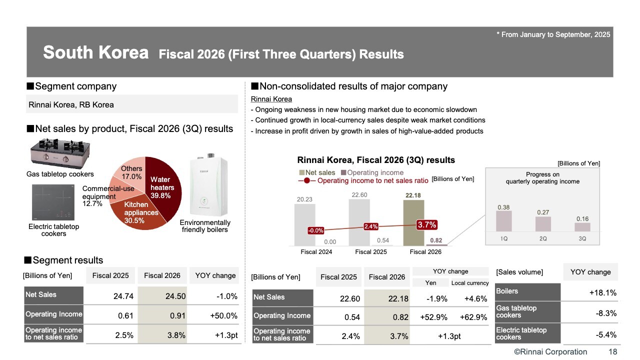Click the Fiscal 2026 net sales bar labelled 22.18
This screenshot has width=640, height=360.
coord(413,222)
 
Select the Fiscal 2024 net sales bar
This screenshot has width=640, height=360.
coord(304,224)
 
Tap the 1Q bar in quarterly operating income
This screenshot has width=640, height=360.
coord(504,221)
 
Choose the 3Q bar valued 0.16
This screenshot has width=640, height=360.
coord(582,227)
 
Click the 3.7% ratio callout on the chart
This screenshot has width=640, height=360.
coord(427,225)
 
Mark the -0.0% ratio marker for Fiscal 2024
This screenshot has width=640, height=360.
coord(316,230)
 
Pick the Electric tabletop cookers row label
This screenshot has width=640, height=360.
coord(521,333)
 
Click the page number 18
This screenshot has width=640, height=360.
coord(612,351)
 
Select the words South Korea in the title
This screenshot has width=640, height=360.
coord(96,53)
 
